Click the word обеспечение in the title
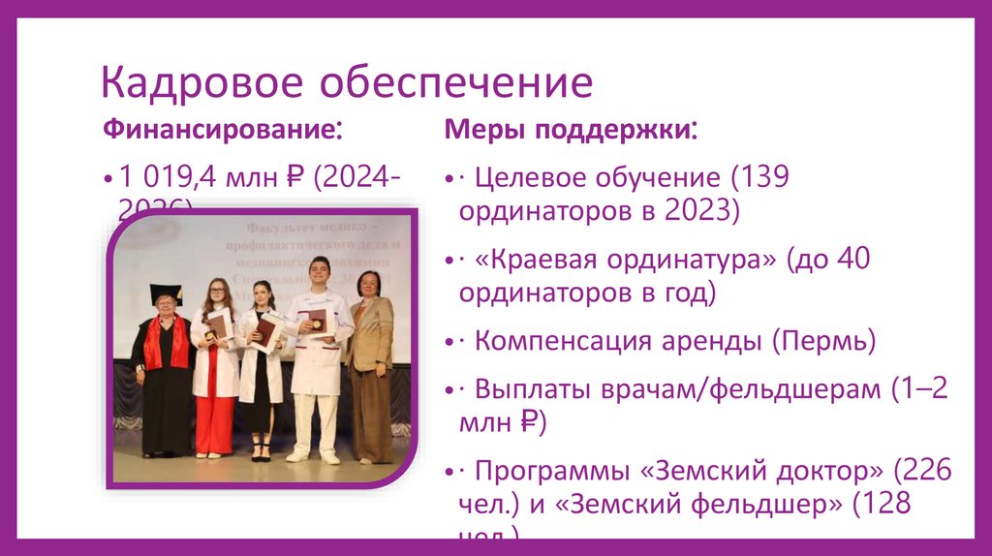456,83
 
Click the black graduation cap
166,293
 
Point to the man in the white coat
318,358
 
